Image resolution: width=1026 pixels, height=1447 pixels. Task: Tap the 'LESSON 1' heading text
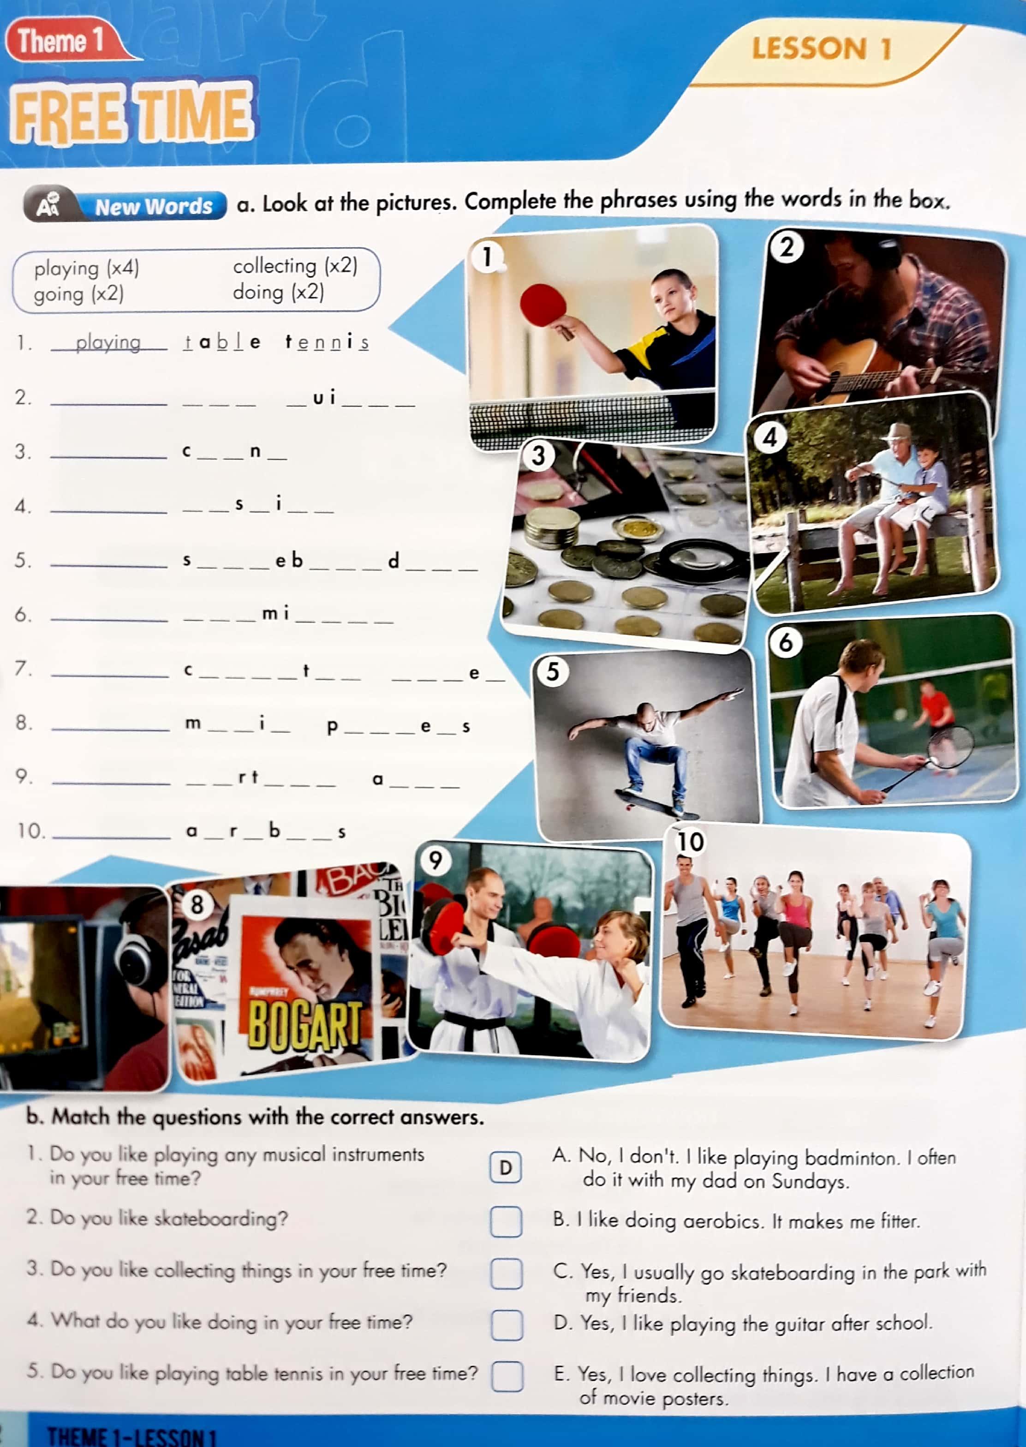(821, 48)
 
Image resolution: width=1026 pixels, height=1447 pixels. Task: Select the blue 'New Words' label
(154, 206)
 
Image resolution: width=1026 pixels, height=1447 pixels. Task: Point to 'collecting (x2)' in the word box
(295, 266)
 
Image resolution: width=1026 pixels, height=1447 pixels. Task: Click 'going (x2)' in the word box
(79, 294)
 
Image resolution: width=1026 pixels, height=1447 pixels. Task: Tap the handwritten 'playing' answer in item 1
(108, 342)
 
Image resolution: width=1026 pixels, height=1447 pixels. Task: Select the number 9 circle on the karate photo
(436, 860)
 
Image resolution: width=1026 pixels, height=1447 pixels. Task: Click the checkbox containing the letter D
(506, 1168)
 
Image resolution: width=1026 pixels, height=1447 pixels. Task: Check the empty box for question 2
(506, 1221)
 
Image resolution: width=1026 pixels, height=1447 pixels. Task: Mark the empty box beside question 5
(507, 1375)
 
